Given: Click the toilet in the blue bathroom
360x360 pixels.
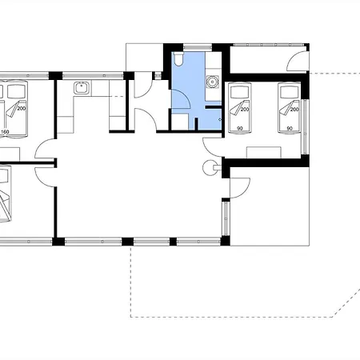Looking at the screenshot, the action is pos(178,58).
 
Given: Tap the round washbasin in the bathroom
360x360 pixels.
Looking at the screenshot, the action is pos(213,82).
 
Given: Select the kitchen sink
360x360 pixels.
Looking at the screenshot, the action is pos(82,88).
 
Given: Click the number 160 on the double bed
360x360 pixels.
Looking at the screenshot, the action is pos(5,131).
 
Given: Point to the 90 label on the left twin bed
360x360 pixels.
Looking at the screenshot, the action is pos(240,129).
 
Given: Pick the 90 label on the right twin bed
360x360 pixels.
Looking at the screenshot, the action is pos(290,129).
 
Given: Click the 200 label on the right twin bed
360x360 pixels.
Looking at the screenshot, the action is pos(294,110).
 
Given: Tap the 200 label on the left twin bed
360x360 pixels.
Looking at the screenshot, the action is pos(245,110).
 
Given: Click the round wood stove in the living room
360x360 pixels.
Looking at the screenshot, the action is pos(210,168).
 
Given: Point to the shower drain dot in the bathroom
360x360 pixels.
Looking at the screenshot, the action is pos(220,119).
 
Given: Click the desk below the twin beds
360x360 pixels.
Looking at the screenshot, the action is pos(264,152).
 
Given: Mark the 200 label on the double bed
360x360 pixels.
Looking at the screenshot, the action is pos(22,109).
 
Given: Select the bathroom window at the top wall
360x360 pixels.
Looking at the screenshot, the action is pos(198,47).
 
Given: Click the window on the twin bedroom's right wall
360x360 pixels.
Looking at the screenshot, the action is pos(306,126).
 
